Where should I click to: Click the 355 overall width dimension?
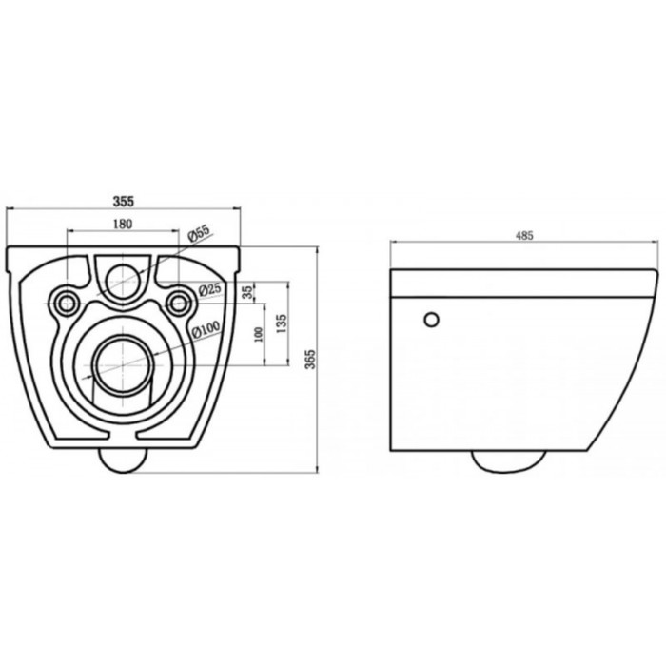tap(123, 201)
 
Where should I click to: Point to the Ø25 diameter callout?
tap(209, 288)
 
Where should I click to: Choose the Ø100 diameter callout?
tap(207, 329)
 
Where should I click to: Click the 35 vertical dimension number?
tap(248, 293)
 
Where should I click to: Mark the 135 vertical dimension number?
tap(282, 324)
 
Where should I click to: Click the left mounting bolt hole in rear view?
tap(67, 302)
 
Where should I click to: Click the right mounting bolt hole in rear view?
tap(177, 302)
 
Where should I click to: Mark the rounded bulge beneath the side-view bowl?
tap(509, 460)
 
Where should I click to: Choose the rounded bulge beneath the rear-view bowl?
tap(122, 460)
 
